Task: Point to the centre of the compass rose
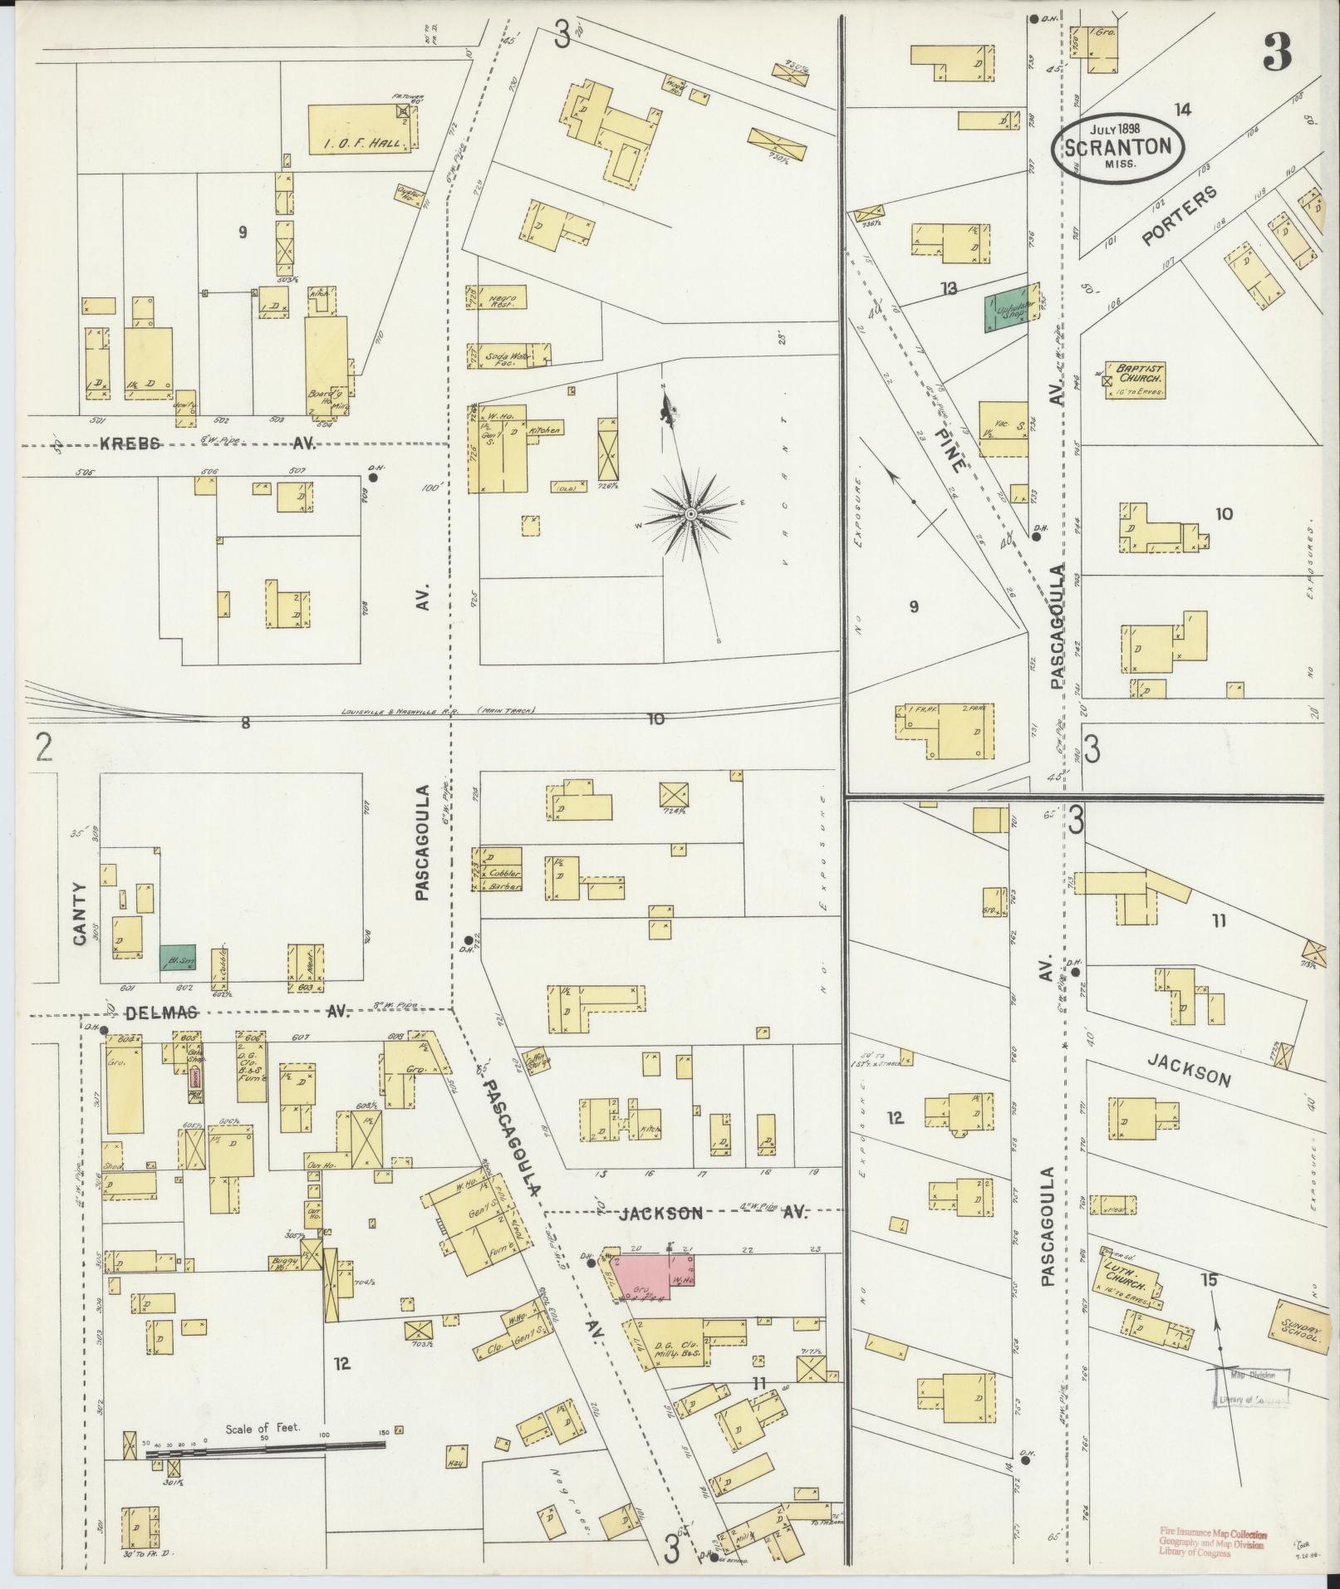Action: click(690, 515)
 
